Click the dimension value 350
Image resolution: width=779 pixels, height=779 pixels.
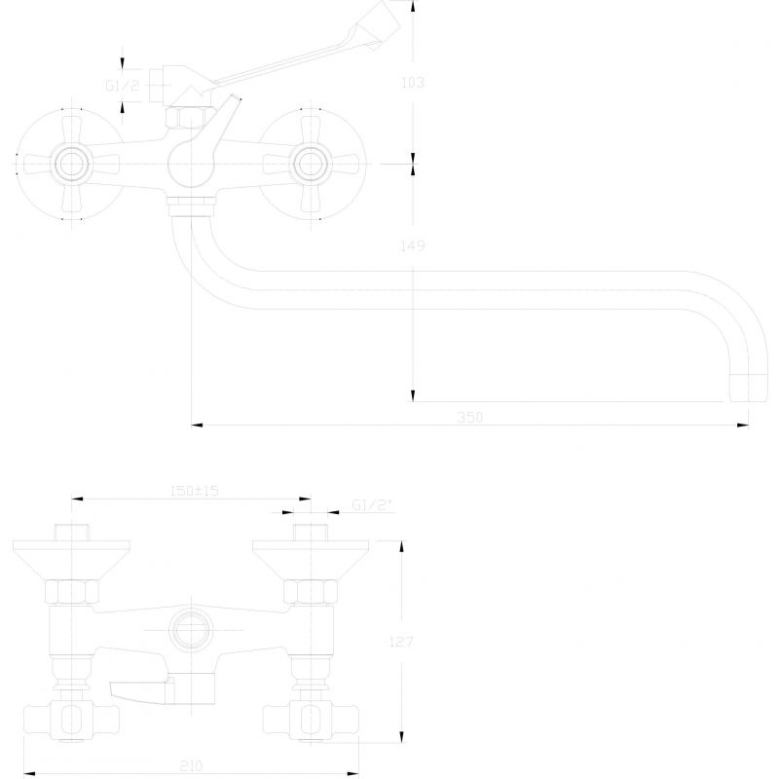[469, 418]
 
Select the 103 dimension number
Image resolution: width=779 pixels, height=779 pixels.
[412, 83]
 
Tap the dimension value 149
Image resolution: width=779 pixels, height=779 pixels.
[412, 245]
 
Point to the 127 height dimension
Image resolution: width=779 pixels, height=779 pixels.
[401, 642]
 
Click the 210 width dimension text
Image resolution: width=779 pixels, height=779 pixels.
[191, 765]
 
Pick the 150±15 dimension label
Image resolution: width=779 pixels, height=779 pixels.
[194, 491]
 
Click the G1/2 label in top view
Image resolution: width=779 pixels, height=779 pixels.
[123, 86]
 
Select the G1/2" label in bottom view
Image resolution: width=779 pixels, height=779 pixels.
[372, 504]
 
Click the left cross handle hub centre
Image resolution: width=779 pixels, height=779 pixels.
[71, 164]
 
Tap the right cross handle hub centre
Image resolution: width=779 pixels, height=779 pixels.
[311, 164]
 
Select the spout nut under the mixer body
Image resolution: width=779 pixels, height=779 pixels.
[191, 206]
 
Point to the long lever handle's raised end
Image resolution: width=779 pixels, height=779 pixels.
[382, 22]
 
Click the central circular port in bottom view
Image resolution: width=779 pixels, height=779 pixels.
[191, 630]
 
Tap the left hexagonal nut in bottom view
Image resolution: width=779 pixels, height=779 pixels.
[72, 592]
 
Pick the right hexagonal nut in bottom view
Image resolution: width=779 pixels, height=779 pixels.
[311, 592]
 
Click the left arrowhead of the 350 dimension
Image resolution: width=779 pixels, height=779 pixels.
[198, 425]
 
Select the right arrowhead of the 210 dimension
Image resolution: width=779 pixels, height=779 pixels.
[352, 773]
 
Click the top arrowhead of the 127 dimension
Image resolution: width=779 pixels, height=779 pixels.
[401, 546]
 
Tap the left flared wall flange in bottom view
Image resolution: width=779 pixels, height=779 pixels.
[71, 560]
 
